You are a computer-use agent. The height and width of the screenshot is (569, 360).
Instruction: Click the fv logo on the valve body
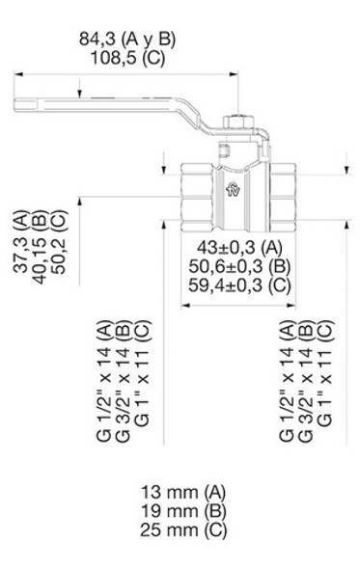click(x=232, y=191)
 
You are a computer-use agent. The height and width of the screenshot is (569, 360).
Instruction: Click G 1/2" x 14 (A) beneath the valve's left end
click(x=102, y=382)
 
